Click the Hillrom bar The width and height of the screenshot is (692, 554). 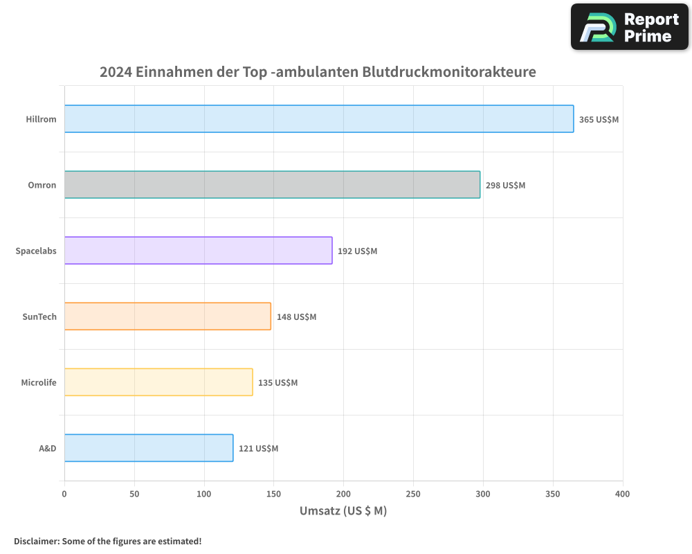319,119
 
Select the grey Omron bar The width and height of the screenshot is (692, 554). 272,185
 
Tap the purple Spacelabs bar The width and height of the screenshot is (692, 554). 198,251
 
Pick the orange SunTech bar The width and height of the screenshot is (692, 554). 167,316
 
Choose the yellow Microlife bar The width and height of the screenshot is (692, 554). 158,382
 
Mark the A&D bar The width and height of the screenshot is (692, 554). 149,448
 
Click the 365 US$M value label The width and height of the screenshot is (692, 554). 599,119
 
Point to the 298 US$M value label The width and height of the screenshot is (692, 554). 505,185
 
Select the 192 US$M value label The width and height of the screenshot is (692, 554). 357,251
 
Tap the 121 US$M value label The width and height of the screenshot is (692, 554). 258,448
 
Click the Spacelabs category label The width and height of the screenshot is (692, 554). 36,251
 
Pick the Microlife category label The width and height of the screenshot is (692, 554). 39,382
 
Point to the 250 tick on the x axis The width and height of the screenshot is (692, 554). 413,494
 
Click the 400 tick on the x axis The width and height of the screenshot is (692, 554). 622,494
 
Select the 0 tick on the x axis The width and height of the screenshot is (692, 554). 64,494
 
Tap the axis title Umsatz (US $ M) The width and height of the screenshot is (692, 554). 343,511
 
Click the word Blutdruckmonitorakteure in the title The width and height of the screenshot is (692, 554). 449,71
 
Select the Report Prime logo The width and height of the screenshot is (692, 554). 630,27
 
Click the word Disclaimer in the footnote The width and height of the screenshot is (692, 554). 36,541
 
